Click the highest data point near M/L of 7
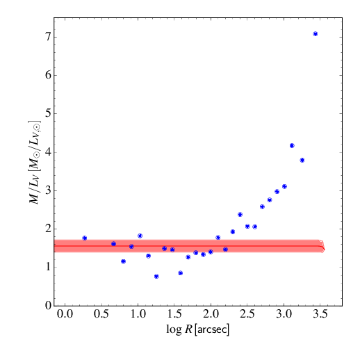316,33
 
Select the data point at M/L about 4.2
292,145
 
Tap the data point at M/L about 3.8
302,160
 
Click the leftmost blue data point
84,238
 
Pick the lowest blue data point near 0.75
156,276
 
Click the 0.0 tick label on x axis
65,315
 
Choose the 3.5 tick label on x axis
320,315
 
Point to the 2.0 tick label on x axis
211,315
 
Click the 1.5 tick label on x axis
174,315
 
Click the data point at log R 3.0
284,186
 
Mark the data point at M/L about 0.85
180,273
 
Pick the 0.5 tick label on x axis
101,315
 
